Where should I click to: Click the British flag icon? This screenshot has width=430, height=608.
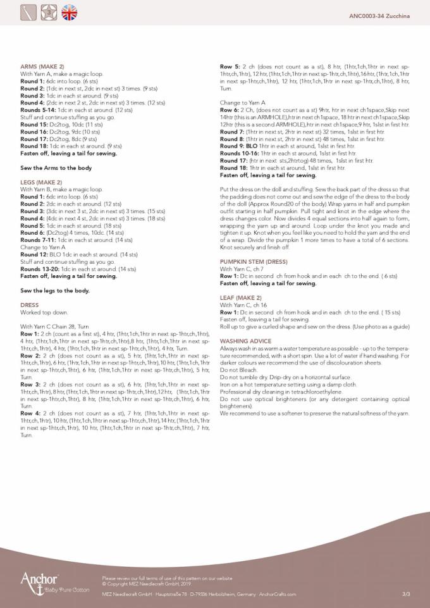(70, 12)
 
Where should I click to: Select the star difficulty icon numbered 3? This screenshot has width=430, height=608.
(49, 12)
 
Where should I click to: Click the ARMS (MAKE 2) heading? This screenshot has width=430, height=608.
(42, 66)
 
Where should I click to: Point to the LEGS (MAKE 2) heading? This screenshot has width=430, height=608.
(42, 182)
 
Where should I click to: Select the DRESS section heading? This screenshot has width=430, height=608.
(30, 305)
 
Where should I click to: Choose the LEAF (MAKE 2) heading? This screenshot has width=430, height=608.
(240, 297)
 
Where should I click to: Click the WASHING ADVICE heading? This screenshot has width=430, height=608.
(245, 341)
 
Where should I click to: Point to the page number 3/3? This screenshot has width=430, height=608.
(405, 595)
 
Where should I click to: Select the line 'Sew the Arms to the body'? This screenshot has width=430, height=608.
(56, 168)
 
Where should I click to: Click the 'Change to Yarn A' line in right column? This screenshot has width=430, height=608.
(242, 102)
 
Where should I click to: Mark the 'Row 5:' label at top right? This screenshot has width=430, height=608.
(229, 66)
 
